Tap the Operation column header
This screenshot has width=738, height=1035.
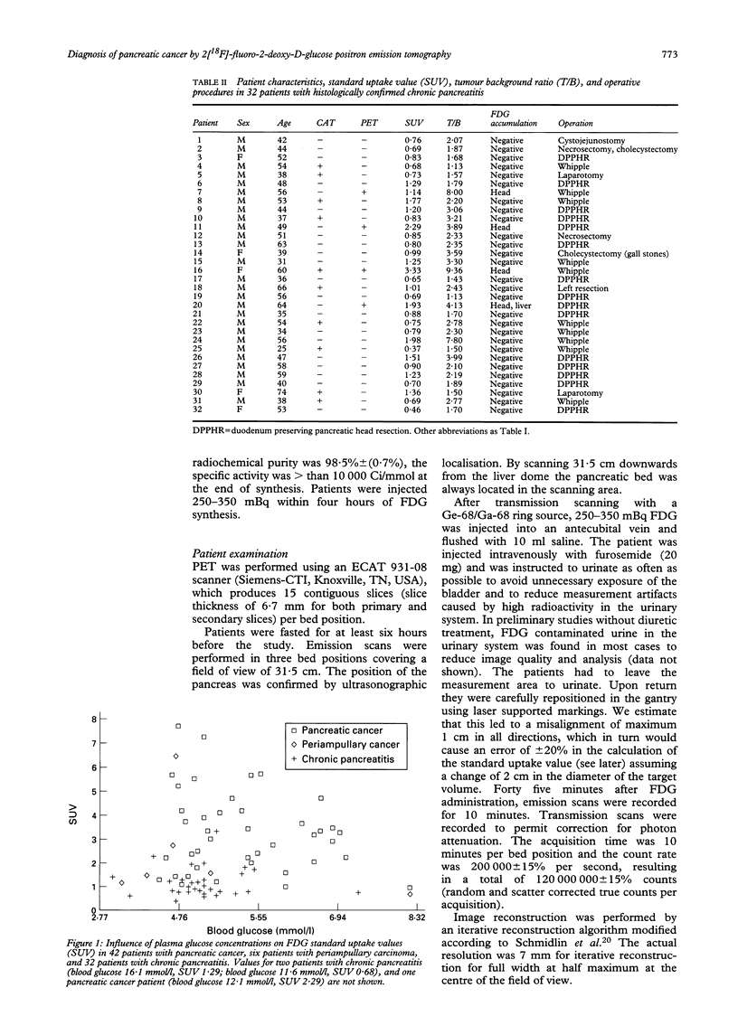pos(576,120)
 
